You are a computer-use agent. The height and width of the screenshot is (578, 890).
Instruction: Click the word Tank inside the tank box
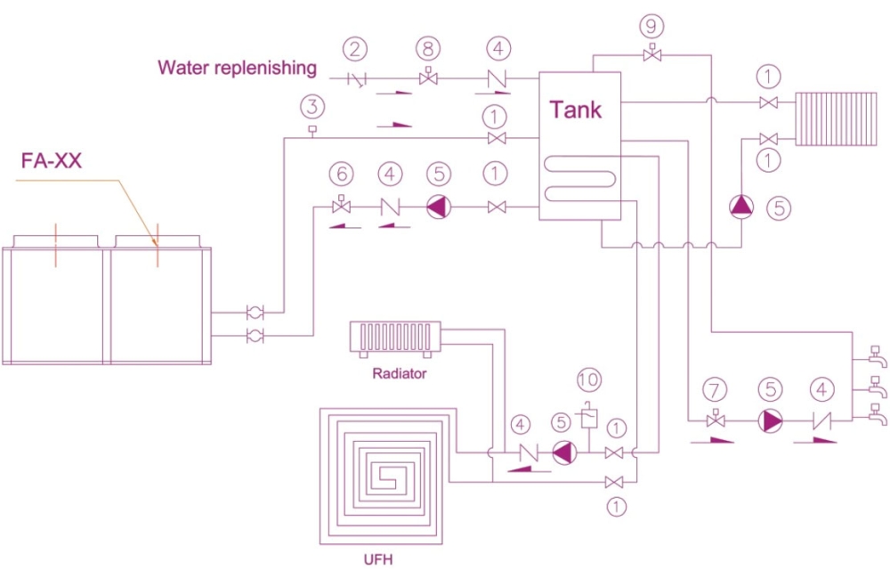[575, 110]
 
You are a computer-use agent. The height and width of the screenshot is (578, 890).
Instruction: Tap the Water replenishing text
[237, 67]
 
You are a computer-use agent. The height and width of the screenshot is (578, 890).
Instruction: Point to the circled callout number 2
[357, 48]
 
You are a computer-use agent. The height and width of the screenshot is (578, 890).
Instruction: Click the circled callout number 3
[311, 108]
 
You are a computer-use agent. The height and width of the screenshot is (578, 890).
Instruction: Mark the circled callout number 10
[587, 379]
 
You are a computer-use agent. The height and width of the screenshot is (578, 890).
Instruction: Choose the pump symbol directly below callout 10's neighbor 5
[562, 452]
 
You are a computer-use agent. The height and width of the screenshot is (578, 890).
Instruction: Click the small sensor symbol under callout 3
[311, 133]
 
